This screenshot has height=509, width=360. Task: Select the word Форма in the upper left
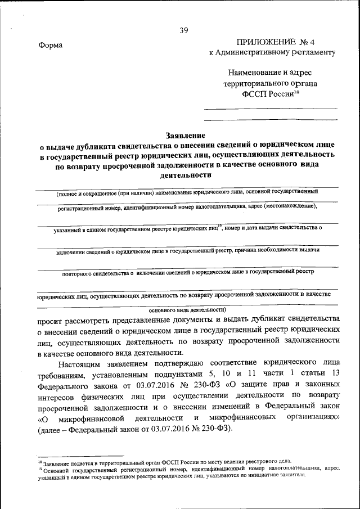click(51, 46)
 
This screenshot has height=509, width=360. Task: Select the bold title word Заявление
click(185, 135)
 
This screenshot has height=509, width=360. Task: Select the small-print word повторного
click(79, 272)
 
